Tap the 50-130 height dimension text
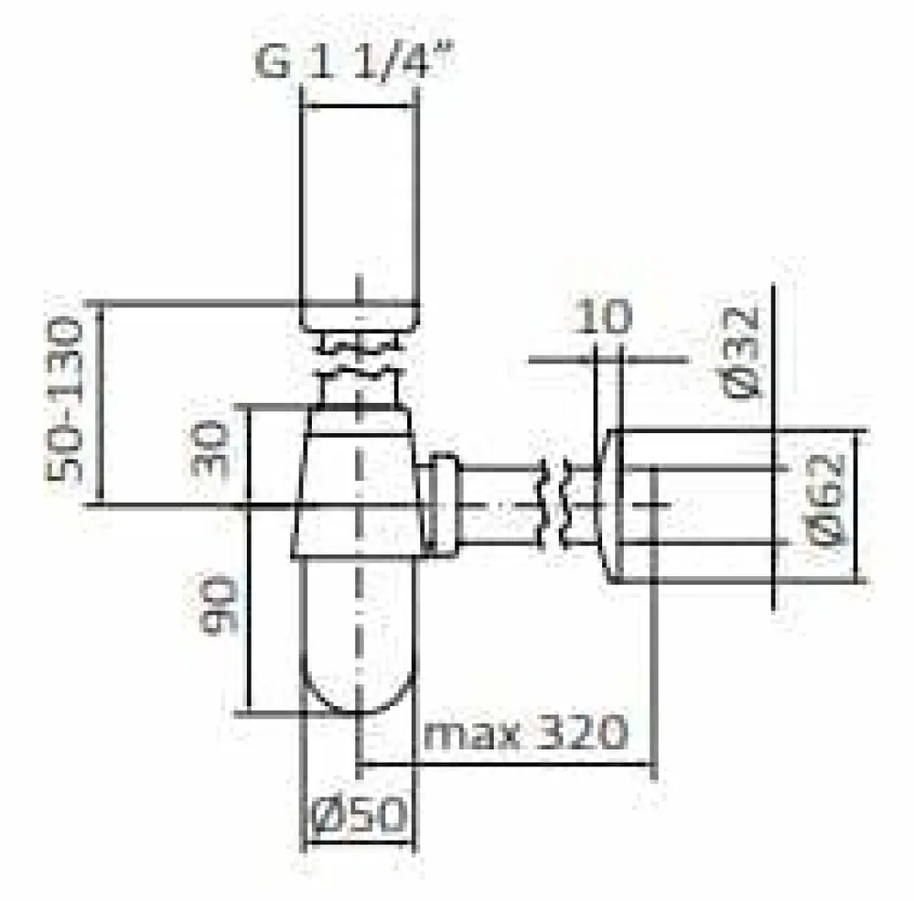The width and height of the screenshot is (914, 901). point(63,400)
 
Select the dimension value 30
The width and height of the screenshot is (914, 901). point(209,448)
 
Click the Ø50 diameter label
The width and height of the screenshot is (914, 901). point(358,813)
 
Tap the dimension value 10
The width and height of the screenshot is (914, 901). point(602,316)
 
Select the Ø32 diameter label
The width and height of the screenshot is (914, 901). point(741,354)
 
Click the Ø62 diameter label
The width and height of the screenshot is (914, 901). point(826,500)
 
